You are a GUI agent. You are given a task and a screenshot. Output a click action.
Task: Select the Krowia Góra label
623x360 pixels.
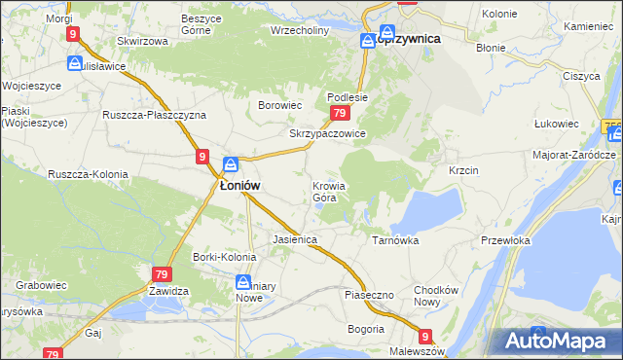329,192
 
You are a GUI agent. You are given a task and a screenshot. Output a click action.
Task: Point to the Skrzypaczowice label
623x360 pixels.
327,133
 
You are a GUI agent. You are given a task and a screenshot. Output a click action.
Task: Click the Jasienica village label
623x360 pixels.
296,238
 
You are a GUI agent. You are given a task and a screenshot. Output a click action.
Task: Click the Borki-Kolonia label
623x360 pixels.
224,257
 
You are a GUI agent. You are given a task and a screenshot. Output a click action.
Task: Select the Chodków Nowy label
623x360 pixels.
436,296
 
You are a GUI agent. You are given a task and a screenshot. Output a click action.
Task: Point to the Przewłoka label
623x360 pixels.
505,239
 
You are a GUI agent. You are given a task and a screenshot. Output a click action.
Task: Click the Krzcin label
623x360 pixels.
463,169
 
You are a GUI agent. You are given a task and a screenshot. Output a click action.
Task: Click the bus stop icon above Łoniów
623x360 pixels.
231,163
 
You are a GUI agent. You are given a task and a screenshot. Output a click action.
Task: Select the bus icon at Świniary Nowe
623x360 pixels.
243,282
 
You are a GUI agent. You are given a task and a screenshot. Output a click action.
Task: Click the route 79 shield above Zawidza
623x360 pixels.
162,275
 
